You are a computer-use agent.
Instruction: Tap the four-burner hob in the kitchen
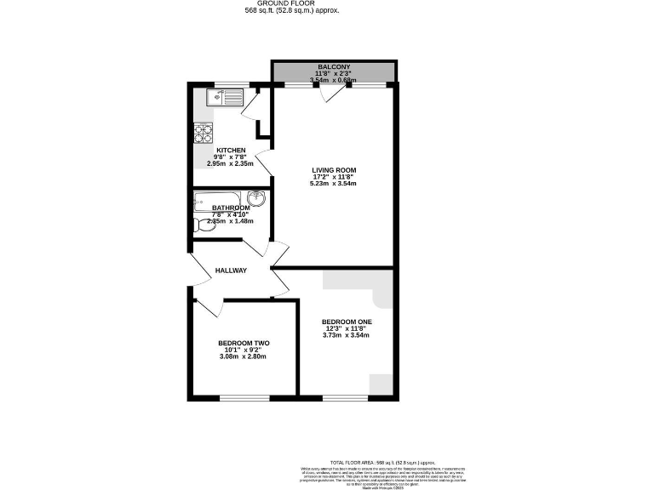click(x=204, y=132)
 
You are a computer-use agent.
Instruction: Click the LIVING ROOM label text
click(x=333, y=169)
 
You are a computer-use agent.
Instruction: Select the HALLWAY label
click(x=231, y=271)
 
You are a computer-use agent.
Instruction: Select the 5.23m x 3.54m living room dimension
click(x=333, y=184)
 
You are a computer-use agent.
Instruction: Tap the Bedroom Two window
click(x=245, y=397)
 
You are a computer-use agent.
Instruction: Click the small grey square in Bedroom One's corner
click(x=381, y=385)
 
